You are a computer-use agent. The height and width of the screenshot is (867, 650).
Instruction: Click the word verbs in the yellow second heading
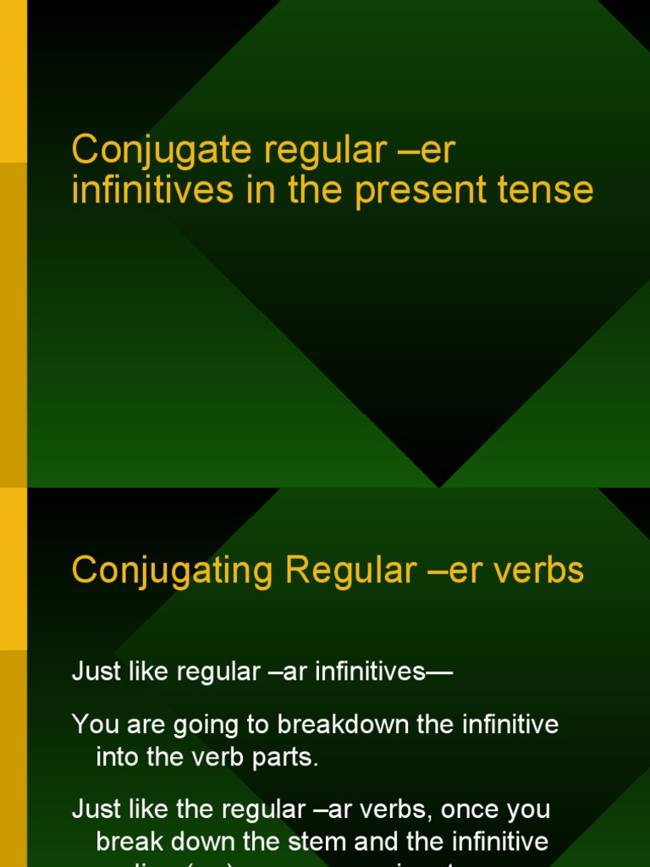tap(543, 572)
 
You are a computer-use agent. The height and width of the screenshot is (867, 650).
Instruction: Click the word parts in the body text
tap(290, 757)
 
